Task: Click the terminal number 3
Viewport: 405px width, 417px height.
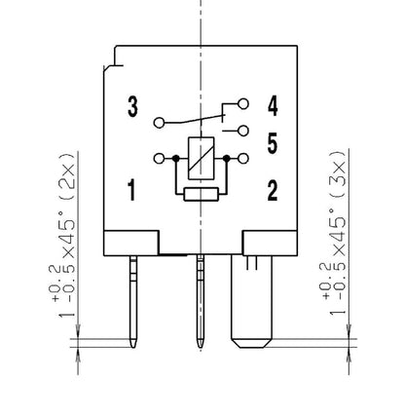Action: (x=132, y=107)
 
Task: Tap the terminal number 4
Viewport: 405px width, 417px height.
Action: (x=274, y=105)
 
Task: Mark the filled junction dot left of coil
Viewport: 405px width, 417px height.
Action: (x=173, y=158)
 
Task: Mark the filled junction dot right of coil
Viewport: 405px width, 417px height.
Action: (x=226, y=158)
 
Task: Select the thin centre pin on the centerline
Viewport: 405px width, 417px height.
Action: (x=201, y=302)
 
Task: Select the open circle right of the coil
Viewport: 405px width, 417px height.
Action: (x=243, y=158)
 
